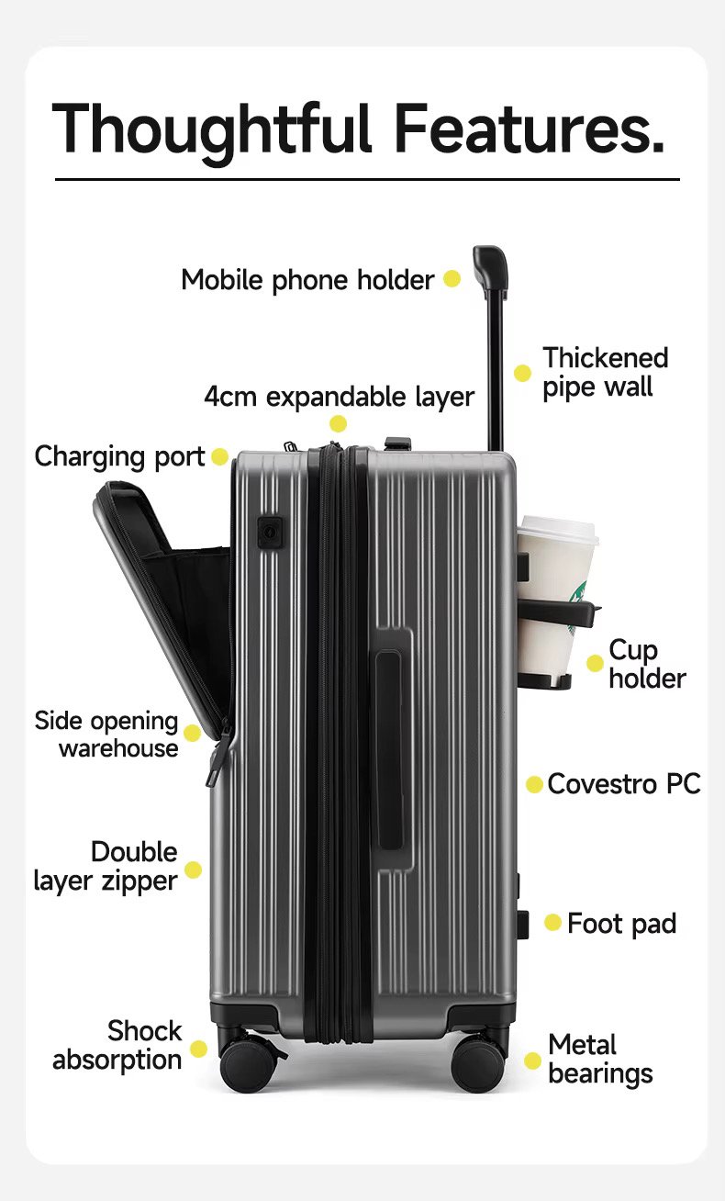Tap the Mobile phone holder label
click(x=307, y=279)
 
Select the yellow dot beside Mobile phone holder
click(x=452, y=278)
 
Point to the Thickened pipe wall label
click(x=604, y=372)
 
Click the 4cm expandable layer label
click(x=339, y=397)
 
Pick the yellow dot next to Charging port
click(x=219, y=456)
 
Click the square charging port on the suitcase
click(x=269, y=531)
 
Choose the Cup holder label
click(x=646, y=664)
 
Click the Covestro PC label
click(x=624, y=784)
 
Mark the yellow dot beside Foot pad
click(x=552, y=922)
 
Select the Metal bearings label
click(x=600, y=1059)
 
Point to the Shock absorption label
click(x=117, y=1045)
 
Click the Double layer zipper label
click(x=106, y=866)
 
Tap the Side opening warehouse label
click(x=107, y=734)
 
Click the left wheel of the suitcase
click(x=246, y=1065)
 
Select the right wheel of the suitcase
click(x=479, y=1065)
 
